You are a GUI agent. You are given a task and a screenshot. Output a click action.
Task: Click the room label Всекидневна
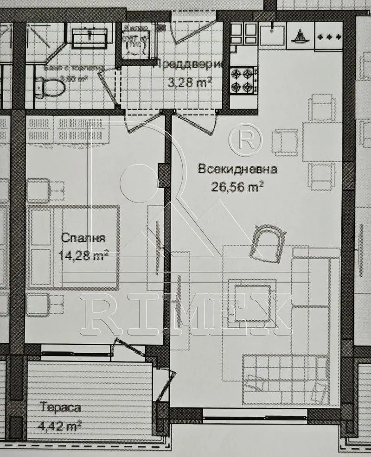pos(237,169)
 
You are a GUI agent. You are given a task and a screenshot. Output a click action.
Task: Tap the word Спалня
pos(83,239)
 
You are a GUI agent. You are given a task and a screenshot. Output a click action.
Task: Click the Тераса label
pos(60,408)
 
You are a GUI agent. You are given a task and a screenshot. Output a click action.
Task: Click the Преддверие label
pos(189,64)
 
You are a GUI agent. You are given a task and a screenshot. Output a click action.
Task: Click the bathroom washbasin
pos(90,36)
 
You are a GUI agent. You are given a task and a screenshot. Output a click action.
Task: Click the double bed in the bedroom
pos(74,248)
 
